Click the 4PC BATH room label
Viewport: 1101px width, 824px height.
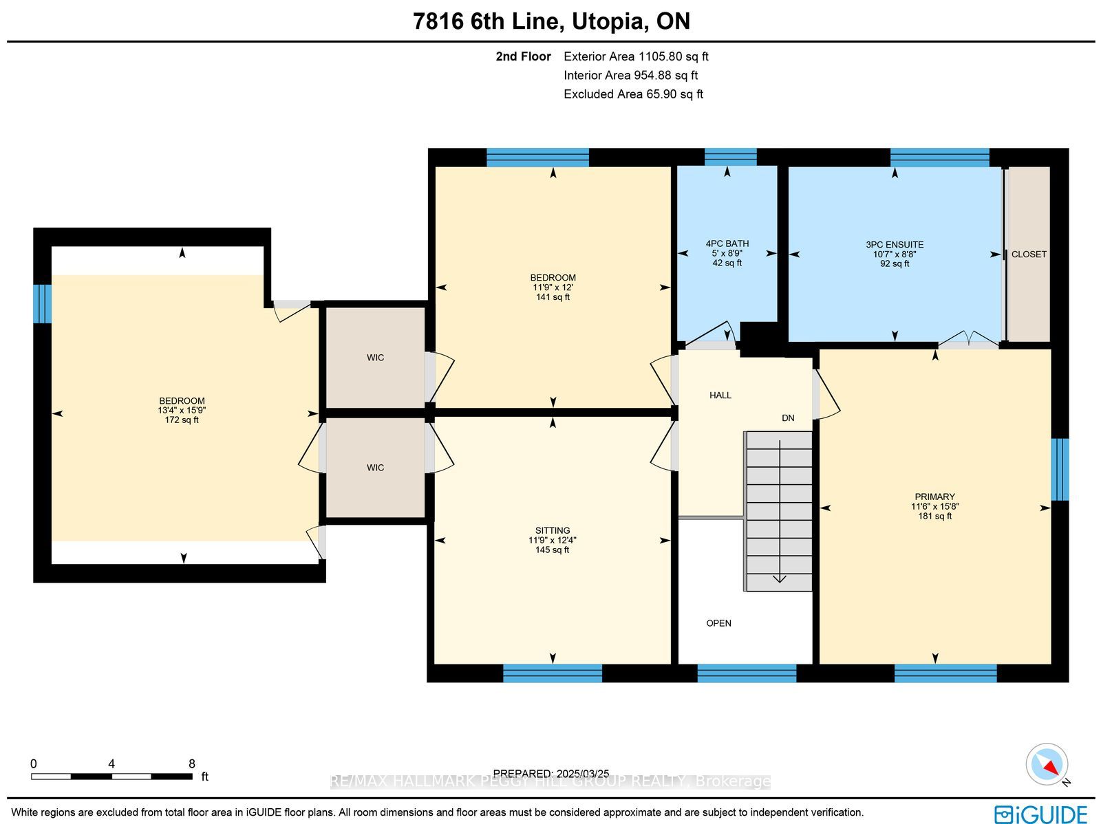(727, 243)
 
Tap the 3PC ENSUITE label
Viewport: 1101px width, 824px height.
(895, 245)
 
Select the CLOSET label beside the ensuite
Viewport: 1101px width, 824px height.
(1029, 254)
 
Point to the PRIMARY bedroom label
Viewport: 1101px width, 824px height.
(934, 497)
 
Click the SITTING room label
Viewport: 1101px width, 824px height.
(553, 530)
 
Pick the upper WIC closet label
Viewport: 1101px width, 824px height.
(375, 358)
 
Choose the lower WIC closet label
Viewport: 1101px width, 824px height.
(375, 468)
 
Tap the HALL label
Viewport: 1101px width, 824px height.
(720, 395)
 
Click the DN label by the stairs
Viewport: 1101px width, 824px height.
(788, 418)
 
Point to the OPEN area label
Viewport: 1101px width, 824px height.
(719, 623)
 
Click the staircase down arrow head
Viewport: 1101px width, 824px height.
(780, 579)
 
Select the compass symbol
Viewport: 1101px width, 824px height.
(1047, 765)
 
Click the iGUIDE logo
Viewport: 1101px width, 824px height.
(1041, 814)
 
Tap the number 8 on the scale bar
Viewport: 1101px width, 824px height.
(191, 763)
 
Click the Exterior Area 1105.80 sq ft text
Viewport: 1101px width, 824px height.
(636, 56)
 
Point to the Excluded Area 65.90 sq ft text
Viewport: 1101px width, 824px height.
(634, 94)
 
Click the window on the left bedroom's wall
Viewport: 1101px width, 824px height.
(42, 304)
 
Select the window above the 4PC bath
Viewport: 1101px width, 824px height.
(730, 157)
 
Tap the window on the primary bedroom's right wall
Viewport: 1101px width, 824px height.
(1059, 470)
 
